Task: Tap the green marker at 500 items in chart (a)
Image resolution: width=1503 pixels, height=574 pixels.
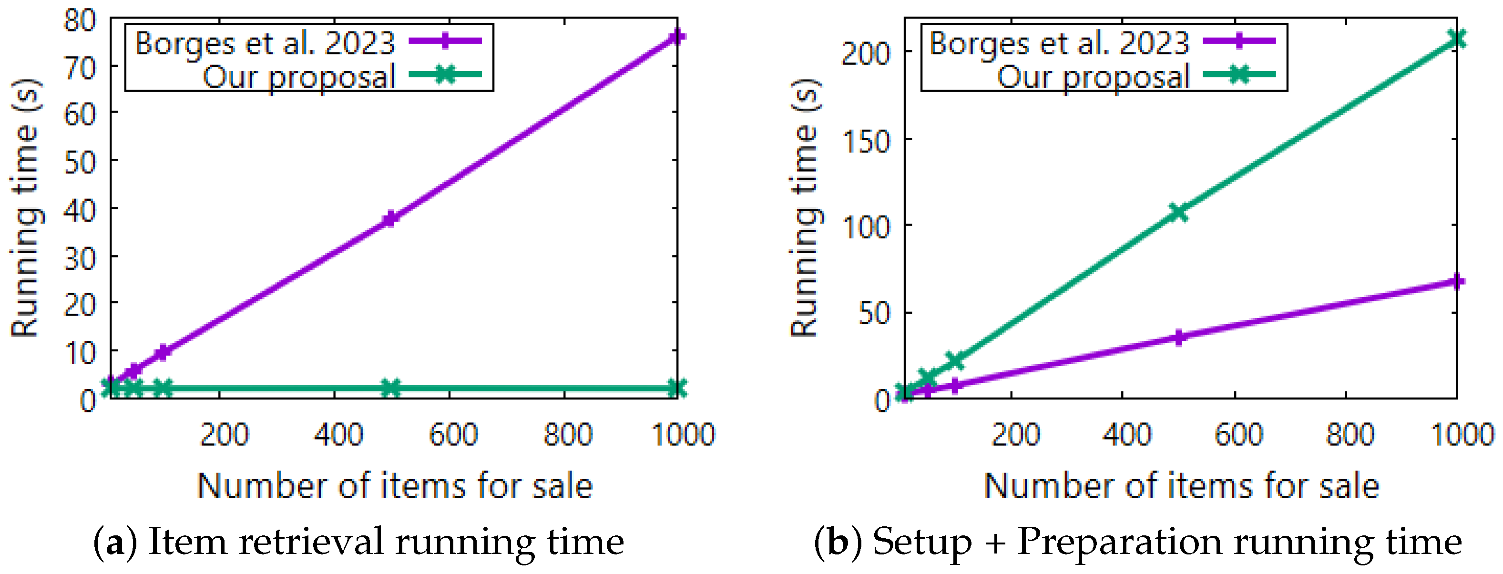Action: click(x=390, y=387)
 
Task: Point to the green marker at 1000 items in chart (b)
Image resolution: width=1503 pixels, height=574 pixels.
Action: click(x=1457, y=39)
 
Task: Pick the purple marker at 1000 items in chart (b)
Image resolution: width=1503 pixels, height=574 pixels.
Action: click(x=1457, y=282)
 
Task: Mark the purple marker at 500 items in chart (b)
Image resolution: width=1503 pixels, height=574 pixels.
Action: click(x=1178, y=338)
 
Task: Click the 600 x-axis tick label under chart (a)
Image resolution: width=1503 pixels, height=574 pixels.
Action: click(x=453, y=435)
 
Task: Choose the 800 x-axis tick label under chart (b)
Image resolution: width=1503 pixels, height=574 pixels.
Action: click(x=1350, y=435)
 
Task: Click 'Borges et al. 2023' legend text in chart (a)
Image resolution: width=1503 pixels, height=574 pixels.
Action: click(x=265, y=44)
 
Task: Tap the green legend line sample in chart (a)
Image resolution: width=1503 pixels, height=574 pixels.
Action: click(x=445, y=75)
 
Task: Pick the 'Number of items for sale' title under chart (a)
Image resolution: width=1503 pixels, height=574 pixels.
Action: click(x=395, y=486)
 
